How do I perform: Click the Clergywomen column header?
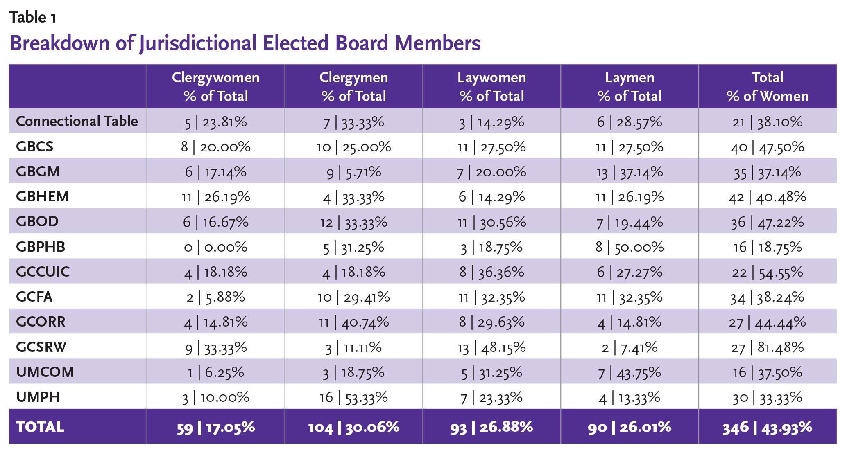click(x=215, y=86)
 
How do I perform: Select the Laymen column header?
click(x=630, y=86)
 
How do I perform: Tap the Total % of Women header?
click(x=768, y=86)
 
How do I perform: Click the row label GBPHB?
click(x=41, y=247)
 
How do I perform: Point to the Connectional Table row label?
click(x=77, y=121)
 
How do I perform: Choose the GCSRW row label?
click(x=41, y=347)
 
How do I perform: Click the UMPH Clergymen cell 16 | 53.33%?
click(x=353, y=397)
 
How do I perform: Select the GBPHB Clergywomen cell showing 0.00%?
click(x=215, y=247)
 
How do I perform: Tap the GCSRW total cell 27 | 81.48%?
click(x=768, y=347)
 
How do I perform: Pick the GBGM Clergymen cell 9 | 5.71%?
click(x=353, y=172)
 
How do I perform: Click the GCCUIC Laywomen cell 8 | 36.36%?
click(x=491, y=272)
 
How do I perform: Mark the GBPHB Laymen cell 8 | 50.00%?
click(x=630, y=247)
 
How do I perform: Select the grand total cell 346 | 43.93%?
click(x=768, y=427)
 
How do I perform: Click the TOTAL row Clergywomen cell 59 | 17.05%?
click(x=215, y=427)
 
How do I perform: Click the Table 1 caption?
click(x=32, y=17)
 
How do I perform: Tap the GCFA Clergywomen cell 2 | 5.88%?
click(x=215, y=297)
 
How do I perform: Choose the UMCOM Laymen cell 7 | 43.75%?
click(x=630, y=372)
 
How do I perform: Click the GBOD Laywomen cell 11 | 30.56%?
click(x=491, y=222)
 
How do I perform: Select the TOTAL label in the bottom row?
click(x=40, y=427)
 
